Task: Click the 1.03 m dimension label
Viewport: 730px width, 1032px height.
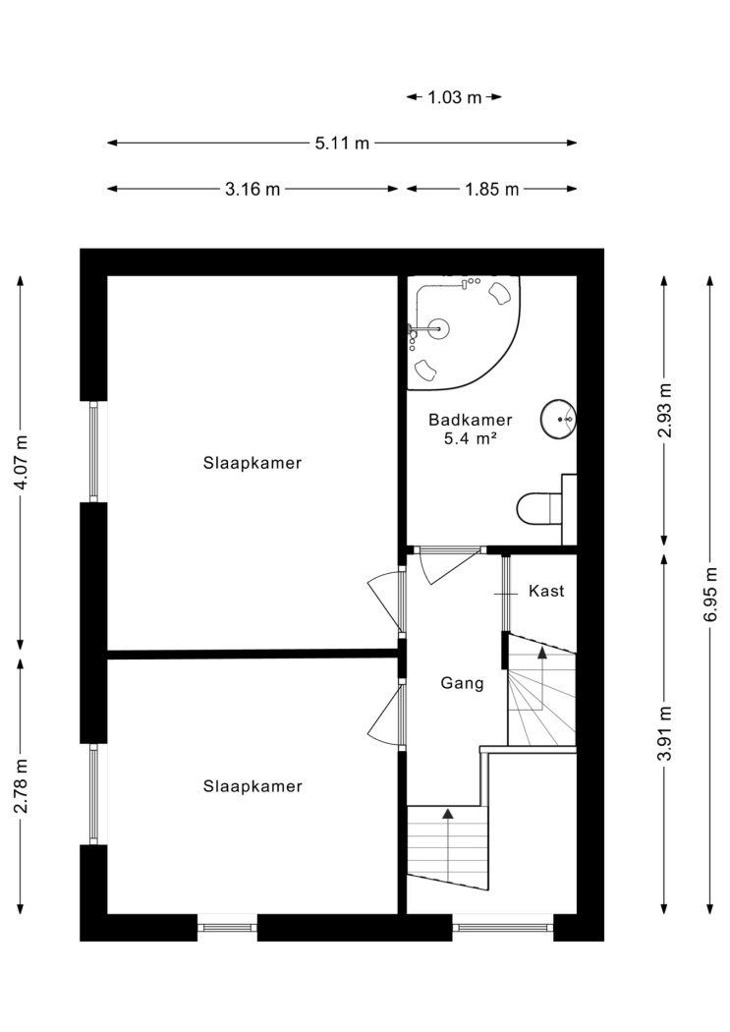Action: [x=455, y=97]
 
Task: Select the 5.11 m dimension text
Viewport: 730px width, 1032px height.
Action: [x=342, y=143]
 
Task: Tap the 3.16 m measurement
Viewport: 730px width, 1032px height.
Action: [x=253, y=190]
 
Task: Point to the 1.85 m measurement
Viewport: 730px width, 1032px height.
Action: [x=492, y=190]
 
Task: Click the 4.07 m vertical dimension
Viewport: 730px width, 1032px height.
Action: [x=22, y=462]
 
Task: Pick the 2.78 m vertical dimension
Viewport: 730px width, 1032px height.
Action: [x=22, y=785]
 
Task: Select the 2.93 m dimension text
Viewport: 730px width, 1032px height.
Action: [x=665, y=411]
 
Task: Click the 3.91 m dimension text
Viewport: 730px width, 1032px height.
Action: [x=665, y=733]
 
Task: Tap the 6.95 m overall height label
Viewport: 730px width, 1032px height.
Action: [x=710, y=595]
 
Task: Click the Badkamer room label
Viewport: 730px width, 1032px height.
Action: [x=471, y=420]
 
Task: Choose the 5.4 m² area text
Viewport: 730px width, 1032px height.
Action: [x=470, y=439]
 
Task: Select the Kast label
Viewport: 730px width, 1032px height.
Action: [x=546, y=591]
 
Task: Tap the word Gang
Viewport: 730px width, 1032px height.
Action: [x=463, y=684]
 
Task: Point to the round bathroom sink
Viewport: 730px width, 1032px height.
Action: [x=558, y=418]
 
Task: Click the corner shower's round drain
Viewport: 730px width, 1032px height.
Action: [x=438, y=327]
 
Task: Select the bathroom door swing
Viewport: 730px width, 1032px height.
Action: [x=449, y=567]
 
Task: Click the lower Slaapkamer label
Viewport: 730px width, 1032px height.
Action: [x=253, y=786]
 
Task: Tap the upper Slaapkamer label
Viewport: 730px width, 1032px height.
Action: [x=253, y=463]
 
